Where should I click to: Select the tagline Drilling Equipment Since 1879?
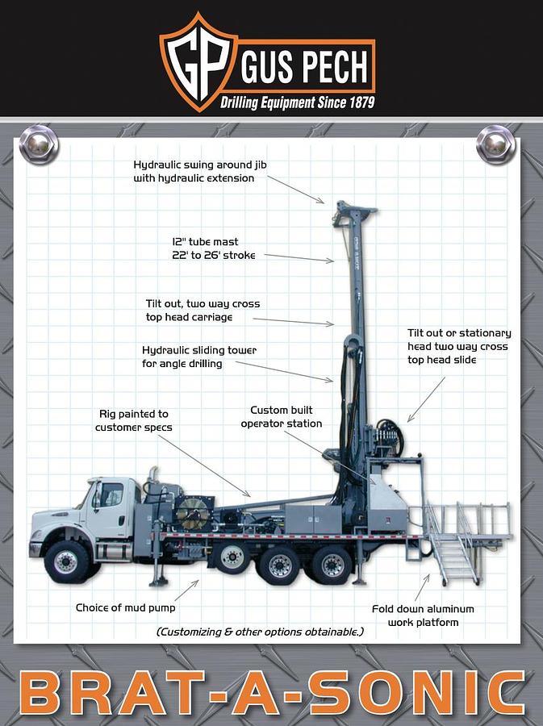pos(297,103)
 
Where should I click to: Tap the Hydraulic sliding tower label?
pos(199,357)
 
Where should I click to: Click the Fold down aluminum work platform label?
pos(422,615)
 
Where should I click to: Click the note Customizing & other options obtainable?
pos(260,632)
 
